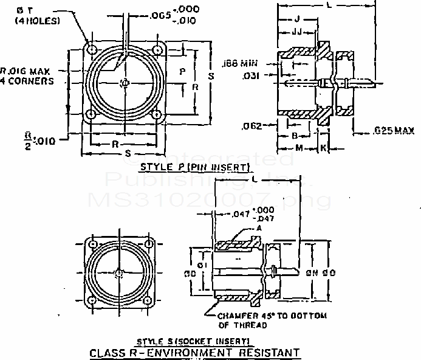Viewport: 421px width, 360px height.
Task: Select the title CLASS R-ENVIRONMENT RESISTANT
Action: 194,352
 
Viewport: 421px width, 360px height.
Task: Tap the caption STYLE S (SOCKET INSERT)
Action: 194,341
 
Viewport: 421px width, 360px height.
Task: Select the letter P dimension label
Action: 182,71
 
